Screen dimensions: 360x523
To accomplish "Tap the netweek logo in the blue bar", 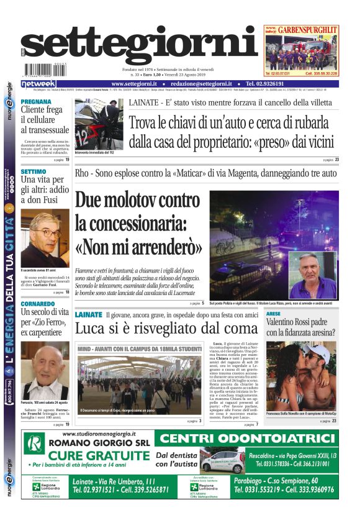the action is coord(38,84).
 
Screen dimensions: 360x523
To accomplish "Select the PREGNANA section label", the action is coord(36,101).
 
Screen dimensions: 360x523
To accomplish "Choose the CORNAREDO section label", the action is coord(40,302).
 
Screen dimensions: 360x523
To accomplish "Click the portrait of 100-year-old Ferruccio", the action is coord(45,370).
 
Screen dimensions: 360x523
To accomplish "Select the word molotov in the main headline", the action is coord(146,201).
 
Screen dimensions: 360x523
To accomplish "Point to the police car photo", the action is coord(99,124).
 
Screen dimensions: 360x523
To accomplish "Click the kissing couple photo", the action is coord(300,375).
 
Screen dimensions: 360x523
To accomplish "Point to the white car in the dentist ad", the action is coord(222,462).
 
